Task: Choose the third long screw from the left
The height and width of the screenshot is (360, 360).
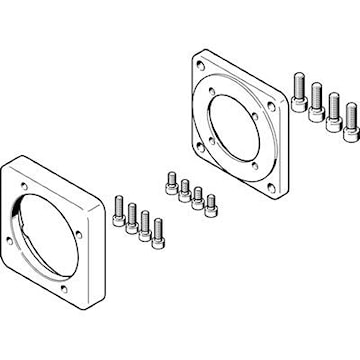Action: coord(334,115)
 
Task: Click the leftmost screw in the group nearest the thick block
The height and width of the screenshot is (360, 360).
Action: coord(119,210)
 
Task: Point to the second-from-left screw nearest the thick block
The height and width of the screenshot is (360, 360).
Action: coord(132,218)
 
